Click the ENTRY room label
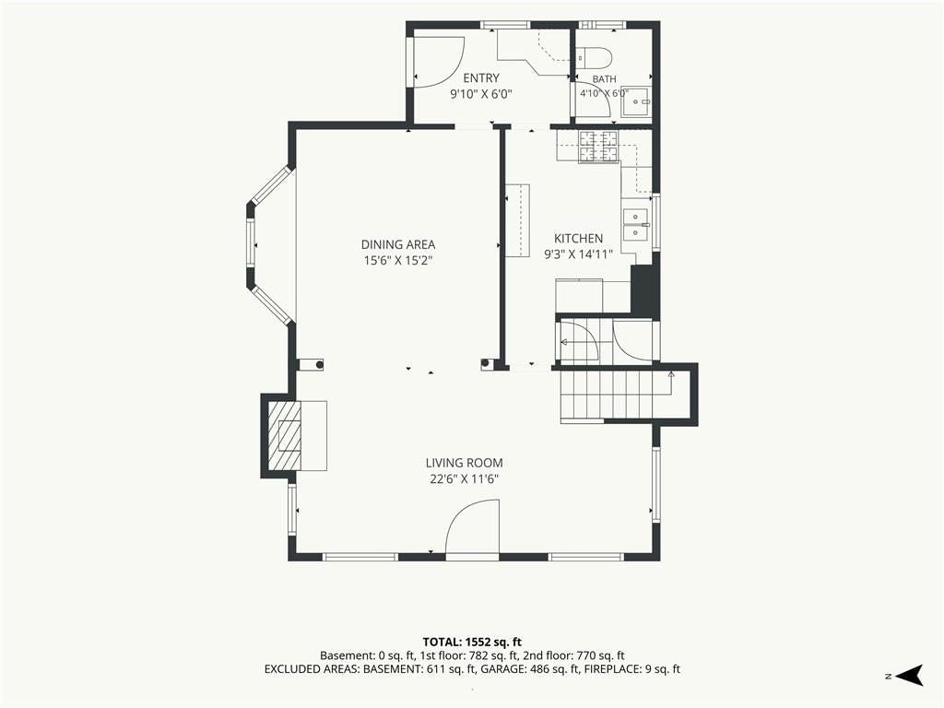[481, 78]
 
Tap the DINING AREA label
[398, 244]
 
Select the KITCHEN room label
[578, 239]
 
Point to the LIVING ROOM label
[465, 463]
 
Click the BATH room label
[605, 79]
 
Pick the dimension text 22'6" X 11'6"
[465, 479]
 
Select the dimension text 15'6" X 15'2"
[398, 261]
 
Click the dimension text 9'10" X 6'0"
[481, 95]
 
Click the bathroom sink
[636, 102]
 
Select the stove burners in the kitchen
[599, 147]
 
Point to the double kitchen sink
[635, 223]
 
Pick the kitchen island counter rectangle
[517, 221]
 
